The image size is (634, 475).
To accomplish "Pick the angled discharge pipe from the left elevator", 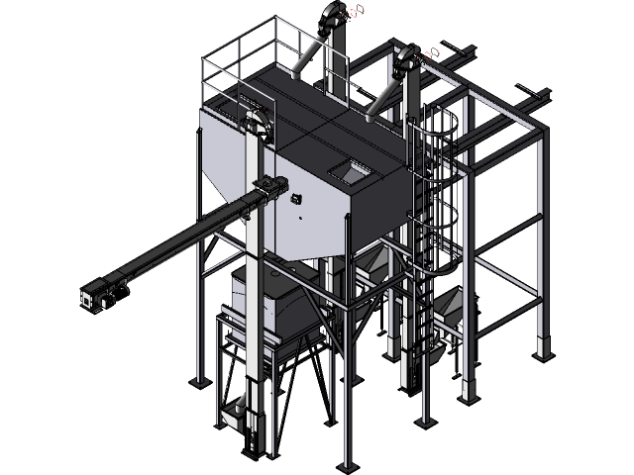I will point(310,55).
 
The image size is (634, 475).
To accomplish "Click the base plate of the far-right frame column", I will point(541,348).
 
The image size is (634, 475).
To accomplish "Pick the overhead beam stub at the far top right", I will point(538,96).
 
